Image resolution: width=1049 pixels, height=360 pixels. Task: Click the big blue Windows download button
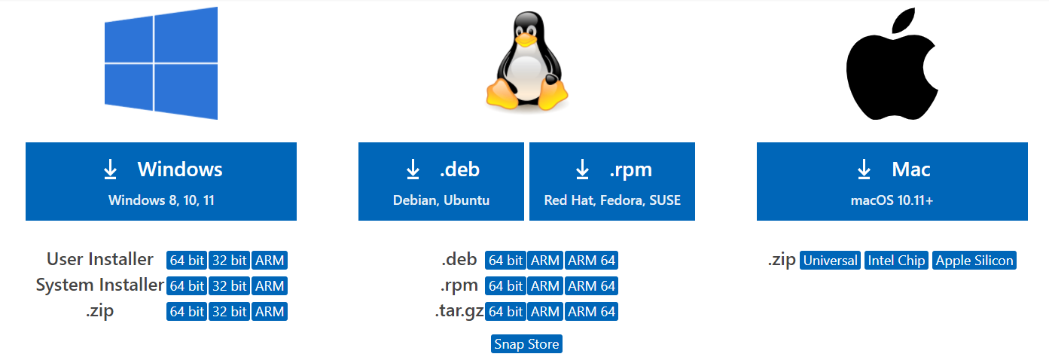point(160,182)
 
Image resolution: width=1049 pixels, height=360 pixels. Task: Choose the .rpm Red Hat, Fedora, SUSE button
point(611,182)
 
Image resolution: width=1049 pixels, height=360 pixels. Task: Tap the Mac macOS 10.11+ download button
point(892,182)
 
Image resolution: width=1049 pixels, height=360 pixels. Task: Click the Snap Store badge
point(526,344)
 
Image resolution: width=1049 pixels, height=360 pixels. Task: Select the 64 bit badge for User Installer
point(187,261)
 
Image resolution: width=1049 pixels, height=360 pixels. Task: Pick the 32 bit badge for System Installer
point(229,286)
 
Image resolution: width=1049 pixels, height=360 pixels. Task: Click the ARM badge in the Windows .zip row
point(270,312)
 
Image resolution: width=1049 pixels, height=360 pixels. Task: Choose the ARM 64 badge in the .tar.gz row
point(591,312)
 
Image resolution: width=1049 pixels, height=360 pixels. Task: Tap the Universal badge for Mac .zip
point(830,261)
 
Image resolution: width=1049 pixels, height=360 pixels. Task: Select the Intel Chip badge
point(896,261)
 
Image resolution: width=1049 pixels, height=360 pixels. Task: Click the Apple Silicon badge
point(974,261)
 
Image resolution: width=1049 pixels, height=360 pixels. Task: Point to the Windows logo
point(160,63)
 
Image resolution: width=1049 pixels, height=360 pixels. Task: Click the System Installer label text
point(99,285)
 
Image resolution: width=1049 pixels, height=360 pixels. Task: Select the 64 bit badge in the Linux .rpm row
point(505,286)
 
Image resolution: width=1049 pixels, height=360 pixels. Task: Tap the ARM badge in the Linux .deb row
point(544,261)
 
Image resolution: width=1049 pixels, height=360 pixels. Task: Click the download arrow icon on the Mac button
point(864,170)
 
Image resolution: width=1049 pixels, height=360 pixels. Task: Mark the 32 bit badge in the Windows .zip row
point(229,312)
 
